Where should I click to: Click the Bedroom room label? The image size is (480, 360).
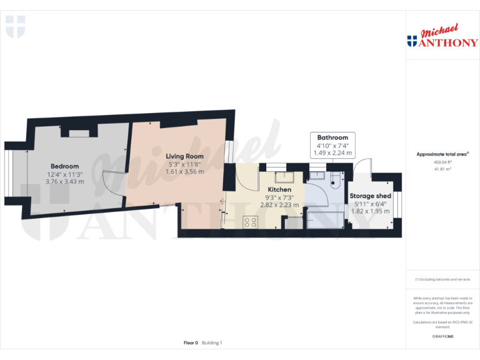(64, 166)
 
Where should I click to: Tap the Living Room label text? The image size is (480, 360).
(184, 156)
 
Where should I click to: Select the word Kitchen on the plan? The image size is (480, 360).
(279, 189)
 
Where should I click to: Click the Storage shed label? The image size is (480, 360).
(370, 196)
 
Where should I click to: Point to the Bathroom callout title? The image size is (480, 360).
(332, 137)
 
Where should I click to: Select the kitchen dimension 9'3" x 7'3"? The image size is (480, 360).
(279, 197)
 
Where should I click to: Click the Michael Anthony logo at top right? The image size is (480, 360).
(442, 37)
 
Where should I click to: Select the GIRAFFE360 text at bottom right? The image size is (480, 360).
(442, 336)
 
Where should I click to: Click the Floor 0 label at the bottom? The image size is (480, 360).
(191, 342)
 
